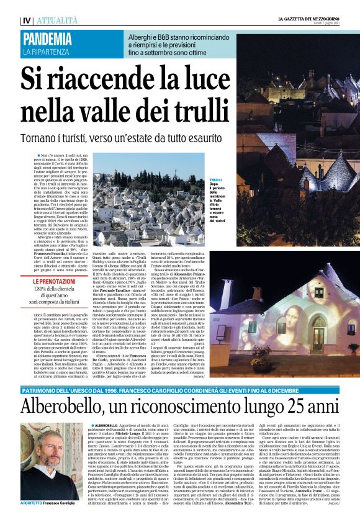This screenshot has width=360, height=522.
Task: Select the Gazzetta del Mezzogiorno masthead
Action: click(x=302, y=20)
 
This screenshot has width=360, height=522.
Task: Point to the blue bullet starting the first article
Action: click(x=37, y=153)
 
